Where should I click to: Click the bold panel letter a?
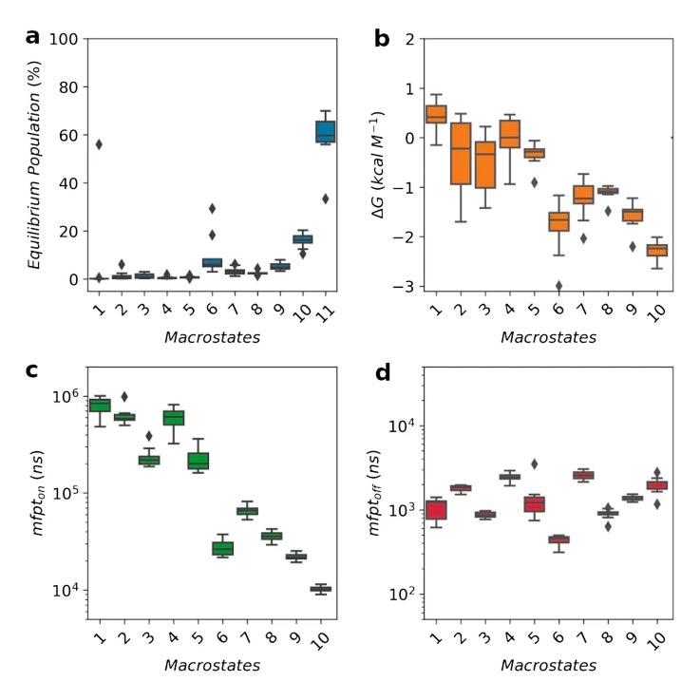33,37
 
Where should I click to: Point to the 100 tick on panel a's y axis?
67,39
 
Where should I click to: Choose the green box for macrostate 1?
99,405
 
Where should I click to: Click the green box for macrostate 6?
222,548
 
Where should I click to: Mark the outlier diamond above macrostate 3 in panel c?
148,437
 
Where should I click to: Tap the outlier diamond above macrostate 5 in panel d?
535,464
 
